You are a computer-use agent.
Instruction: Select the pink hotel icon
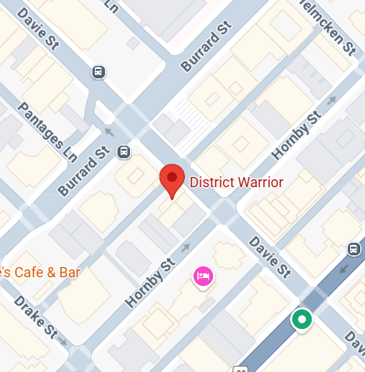203,276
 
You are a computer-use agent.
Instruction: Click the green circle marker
302,320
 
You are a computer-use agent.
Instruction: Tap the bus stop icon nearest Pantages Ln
99,73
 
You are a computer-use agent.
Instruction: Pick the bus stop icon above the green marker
354,250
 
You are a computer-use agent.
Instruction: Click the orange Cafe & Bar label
39,273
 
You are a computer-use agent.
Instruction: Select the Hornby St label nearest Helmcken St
295,134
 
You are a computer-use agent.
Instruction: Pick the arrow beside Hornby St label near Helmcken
331,100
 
